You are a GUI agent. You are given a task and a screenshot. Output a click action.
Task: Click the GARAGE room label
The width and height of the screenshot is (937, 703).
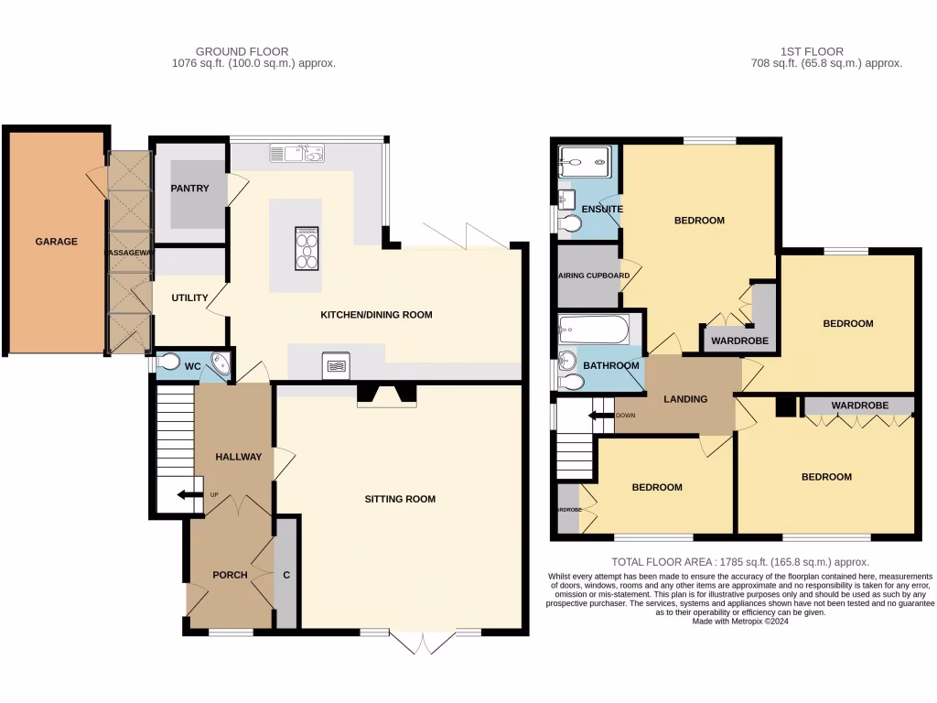tap(56, 242)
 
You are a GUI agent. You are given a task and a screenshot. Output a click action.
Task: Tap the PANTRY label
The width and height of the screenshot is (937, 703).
tap(189, 189)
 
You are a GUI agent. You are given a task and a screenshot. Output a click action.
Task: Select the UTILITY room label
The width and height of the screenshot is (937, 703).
tap(189, 297)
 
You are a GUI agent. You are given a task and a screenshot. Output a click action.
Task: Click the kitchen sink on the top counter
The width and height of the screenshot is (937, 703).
tap(297, 153)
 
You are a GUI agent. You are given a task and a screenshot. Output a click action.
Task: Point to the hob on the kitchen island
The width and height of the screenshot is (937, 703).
tap(307, 248)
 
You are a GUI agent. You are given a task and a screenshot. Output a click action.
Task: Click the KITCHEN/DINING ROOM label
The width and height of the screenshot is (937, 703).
tap(375, 315)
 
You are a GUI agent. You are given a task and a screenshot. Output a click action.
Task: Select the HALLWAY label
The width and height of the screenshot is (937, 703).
tap(238, 457)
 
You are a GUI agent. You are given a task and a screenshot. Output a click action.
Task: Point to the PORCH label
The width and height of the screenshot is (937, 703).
tap(230, 575)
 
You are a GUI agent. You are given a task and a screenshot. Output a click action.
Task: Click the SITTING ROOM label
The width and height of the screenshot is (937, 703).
tap(400, 499)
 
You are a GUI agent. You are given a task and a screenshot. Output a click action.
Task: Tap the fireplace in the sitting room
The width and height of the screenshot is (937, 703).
tap(386, 395)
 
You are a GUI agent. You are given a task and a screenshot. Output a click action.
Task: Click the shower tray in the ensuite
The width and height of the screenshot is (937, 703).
tap(584, 163)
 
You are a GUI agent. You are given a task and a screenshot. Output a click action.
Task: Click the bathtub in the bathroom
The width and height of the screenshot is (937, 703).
tap(594, 329)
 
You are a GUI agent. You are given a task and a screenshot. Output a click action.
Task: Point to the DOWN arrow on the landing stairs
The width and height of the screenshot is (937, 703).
tap(600, 415)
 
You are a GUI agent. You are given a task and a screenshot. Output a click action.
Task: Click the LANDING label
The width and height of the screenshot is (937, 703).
tap(685, 399)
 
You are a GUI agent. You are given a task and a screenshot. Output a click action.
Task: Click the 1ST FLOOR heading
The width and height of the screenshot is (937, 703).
tap(813, 51)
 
